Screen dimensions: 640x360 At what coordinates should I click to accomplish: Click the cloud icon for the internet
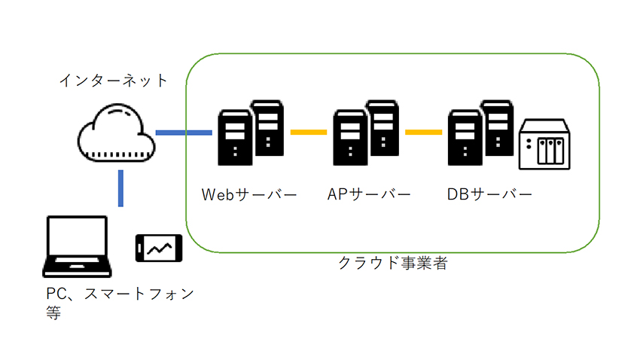[116, 133]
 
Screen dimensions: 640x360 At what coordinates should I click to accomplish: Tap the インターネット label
[114, 81]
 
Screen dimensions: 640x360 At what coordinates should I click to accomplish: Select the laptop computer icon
[77, 246]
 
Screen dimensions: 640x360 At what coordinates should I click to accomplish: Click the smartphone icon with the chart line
[159, 248]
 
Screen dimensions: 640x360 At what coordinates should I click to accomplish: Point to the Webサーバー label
[249, 194]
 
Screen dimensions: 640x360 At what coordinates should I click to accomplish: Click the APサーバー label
[369, 194]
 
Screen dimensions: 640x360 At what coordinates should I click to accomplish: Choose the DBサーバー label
[489, 194]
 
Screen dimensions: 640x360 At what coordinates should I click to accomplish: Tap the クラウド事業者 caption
[393, 263]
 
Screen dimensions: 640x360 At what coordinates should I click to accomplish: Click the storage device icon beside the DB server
[544, 144]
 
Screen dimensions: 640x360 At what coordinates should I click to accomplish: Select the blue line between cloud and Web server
[184, 133]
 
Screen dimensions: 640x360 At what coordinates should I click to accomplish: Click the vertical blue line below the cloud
[120, 188]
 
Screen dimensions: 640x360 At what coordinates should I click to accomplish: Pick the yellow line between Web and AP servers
[309, 133]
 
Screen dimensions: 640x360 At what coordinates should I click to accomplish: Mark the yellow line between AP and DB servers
[423, 133]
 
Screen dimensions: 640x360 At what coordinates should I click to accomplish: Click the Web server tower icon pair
[251, 133]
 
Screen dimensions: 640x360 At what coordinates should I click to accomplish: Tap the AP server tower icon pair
[366, 133]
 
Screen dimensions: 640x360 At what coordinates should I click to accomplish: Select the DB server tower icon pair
[481, 133]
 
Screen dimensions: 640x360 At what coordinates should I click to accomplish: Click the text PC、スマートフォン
[120, 294]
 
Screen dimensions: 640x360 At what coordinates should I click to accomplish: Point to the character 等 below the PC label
[53, 313]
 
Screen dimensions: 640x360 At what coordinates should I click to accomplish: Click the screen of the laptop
[77, 236]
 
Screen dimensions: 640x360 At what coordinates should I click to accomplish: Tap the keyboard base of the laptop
[77, 267]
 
